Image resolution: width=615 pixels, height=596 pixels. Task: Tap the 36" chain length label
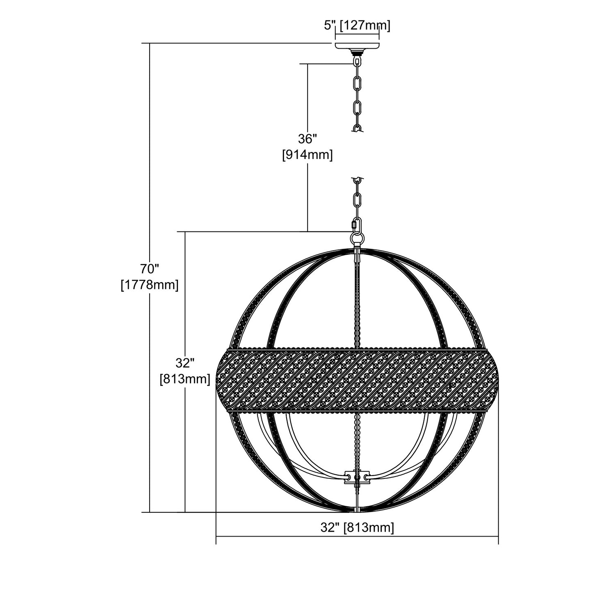pos(307,139)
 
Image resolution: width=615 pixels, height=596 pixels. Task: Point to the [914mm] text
pos(307,155)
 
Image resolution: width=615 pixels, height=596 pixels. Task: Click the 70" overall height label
pos(150,269)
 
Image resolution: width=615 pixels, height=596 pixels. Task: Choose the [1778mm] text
pos(150,285)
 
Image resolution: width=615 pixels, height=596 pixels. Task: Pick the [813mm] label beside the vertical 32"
pos(185,379)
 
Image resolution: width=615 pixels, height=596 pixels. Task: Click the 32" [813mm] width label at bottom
pos(357,528)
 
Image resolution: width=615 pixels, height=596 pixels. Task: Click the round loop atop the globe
pos(357,239)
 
